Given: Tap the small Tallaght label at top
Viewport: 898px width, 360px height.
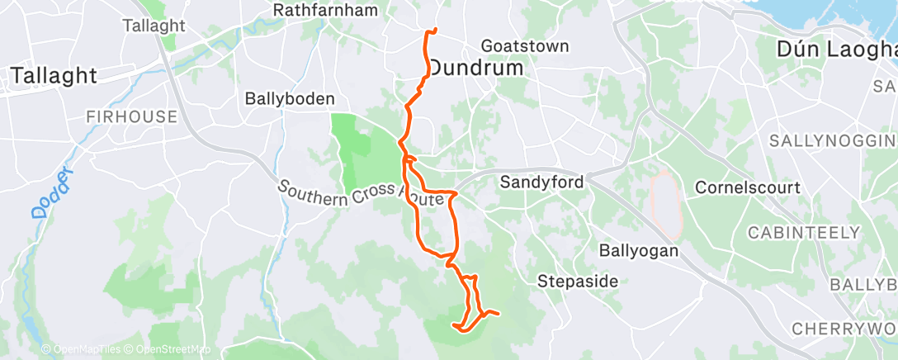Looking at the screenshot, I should click(x=154, y=26).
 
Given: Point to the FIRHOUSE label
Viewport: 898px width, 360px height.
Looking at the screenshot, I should click(x=135, y=117).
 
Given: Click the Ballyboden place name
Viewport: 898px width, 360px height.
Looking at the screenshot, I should click(x=290, y=98).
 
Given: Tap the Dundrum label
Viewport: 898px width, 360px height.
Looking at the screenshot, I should click(x=476, y=68).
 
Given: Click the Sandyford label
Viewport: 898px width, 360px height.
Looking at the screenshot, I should click(x=543, y=182).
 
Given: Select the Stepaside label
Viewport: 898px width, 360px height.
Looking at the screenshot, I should click(x=578, y=282).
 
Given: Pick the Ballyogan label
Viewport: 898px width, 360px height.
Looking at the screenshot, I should click(x=639, y=249).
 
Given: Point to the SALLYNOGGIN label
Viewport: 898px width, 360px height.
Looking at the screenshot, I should click(x=832, y=141).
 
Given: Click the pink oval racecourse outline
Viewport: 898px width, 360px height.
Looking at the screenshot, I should click(x=664, y=200).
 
